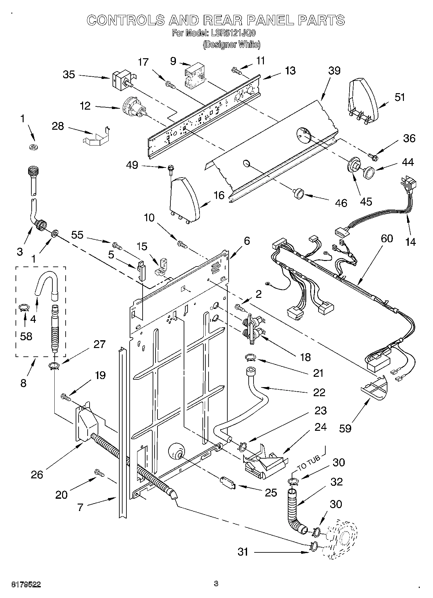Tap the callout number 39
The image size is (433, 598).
[334, 71]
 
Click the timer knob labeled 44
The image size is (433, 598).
[368, 171]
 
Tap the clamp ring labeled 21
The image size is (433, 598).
[250, 357]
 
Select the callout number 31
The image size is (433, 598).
[243, 552]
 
